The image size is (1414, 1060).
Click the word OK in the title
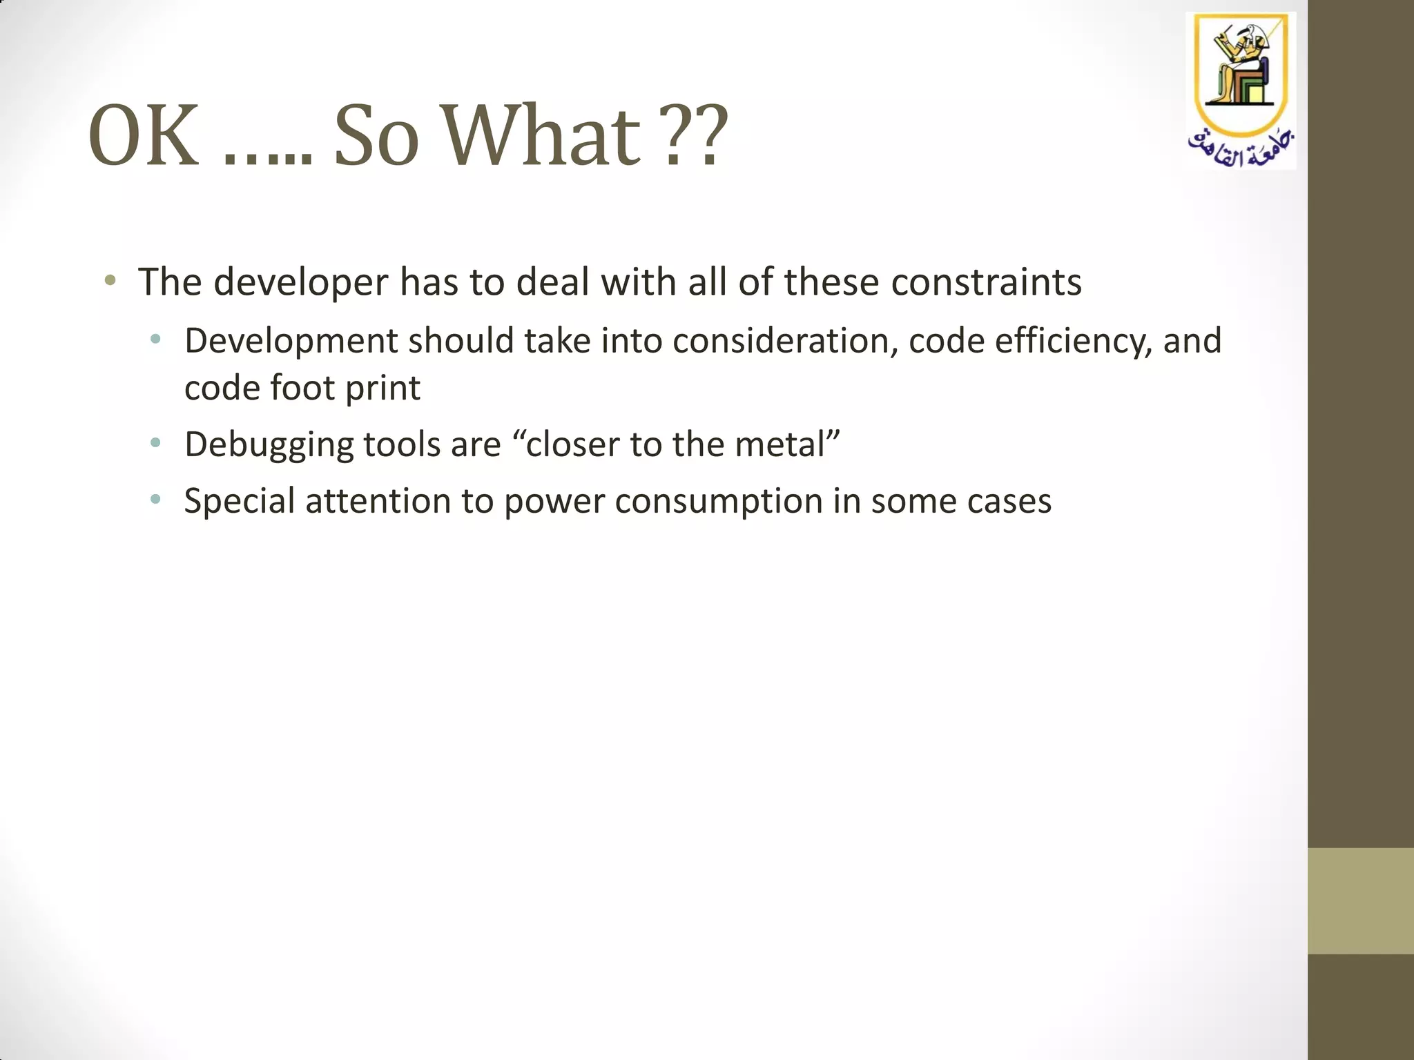coord(144,136)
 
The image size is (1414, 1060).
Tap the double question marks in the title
coord(696,136)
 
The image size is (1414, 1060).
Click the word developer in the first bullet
coord(301,282)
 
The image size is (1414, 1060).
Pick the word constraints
coord(987,282)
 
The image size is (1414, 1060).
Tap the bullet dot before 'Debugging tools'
coord(155,442)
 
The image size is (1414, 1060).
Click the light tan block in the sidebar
coord(1360,901)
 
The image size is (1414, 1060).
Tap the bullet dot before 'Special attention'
coord(155,499)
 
